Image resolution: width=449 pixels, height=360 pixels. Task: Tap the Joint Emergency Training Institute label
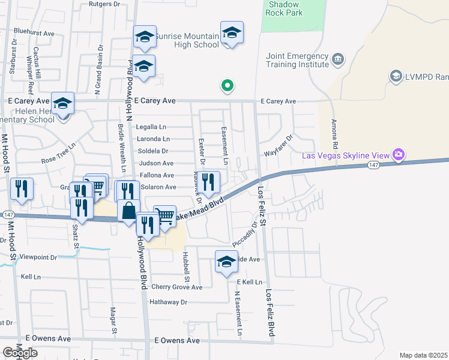pyautogui.click(x=297, y=61)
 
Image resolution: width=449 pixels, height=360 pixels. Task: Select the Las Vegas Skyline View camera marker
pyautogui.click(x=398, y=155)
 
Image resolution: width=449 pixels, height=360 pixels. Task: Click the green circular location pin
pyautogui.click(x=228, y=86)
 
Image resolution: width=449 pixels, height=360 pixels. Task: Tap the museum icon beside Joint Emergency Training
pyautogui.click(x=338, y=59)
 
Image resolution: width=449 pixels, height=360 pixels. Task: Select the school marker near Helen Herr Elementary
pyautogui.click(x=62, y=103)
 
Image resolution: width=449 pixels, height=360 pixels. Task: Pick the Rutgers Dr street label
pyautogui.click(x=104, y=4)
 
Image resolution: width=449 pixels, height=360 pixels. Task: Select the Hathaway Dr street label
pyautogui.click(x=169, y=302)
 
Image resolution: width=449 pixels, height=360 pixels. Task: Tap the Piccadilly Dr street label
pyautogui.click(x=245, y=234)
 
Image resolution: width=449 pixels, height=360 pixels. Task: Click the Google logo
pyautogui.click(x=20, y=352)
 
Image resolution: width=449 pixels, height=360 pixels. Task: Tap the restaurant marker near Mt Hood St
pyautogui.click(x=22, y=188)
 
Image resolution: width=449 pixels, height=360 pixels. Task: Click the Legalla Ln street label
pyautogui.click(x=151, y=127)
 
